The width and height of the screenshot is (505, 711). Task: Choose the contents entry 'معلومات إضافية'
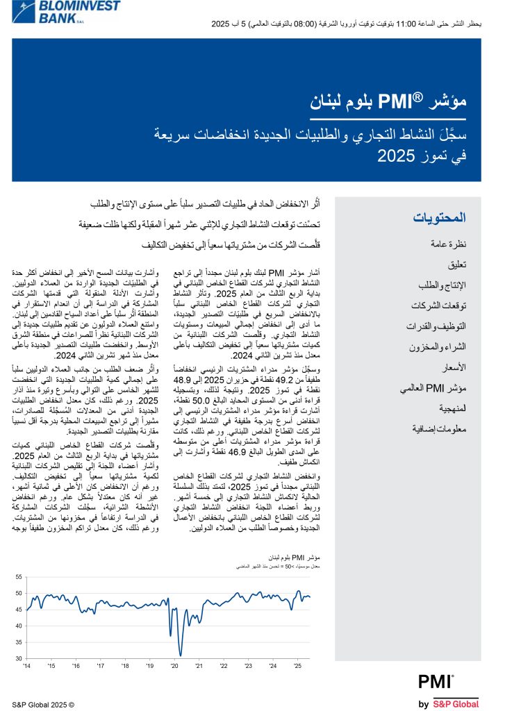(x=439, y=429)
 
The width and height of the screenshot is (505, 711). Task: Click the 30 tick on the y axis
(x=19, y=658)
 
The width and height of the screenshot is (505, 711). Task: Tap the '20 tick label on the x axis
(x=175, y=666)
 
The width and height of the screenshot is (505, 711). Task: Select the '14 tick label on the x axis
(x=26, y=666)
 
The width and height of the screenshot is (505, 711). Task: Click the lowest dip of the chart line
(x=181, y=654)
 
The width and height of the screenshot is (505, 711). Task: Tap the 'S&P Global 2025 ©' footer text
(x=43, y=704)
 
